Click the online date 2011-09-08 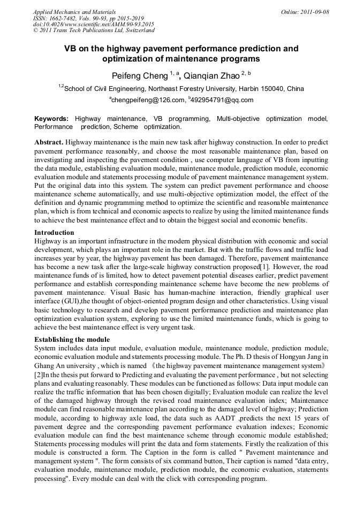(316, 12)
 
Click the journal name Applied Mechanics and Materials (74, 12)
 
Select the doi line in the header (94, 25)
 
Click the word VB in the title (71, 49)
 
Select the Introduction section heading (54, 233)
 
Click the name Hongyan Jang (301, 357)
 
